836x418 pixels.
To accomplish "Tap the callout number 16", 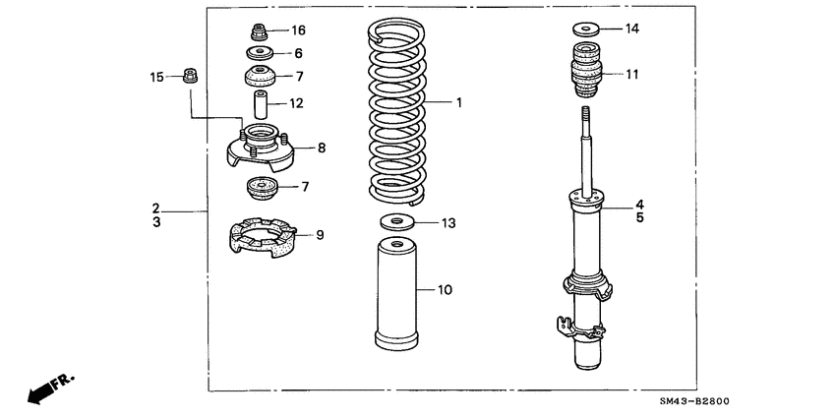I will [x=298, y=31].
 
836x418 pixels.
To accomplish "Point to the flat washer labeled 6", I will [x=261, y=53].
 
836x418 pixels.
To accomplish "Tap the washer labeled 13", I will [x=396, y=222].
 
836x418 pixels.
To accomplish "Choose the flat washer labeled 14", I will [x=587, y=29].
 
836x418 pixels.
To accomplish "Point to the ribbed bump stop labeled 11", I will [x=587, y=73].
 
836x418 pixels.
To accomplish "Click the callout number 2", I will [x=155, y=208].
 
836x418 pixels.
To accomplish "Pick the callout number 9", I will [x=318, y=234].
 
